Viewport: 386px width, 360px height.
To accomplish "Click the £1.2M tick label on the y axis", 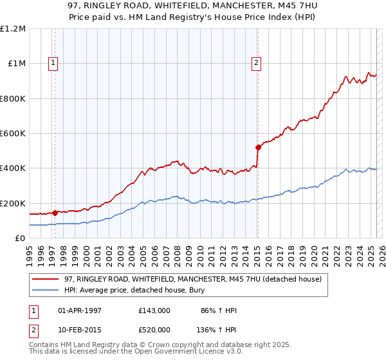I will tap(14, 29).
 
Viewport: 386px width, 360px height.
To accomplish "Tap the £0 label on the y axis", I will tap(21, 239).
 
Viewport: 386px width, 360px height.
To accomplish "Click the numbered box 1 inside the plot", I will tap(52, 63).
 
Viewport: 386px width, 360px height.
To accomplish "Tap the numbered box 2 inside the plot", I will tap(256, 63).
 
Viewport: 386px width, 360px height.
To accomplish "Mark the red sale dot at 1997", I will tap(55, 213).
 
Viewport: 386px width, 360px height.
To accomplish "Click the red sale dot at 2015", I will tap(258, 147).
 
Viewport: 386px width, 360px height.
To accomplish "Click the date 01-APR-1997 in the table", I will tap(80, 310).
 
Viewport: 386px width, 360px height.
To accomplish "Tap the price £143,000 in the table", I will tap(154, 310).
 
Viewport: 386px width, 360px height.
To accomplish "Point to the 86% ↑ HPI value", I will tap(219, 310).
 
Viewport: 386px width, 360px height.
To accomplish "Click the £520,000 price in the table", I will tap(154, 329).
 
